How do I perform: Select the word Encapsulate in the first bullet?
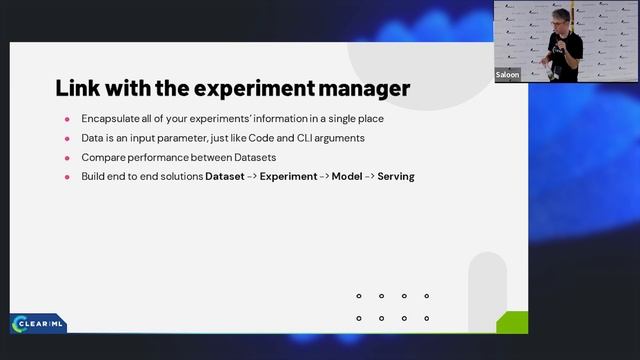click(x=112, y=119)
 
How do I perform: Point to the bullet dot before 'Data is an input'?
click(x=67, y=138)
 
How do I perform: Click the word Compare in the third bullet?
click(x=102, y=157)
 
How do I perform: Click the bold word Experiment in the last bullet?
click(x=288, y=177)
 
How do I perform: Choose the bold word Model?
click(x=347, y=177)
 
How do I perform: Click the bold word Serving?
click(x=396, y=177)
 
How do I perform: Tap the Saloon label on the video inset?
click(x=507, y=75)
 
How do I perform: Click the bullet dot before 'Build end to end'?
click(x=67, y=177)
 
